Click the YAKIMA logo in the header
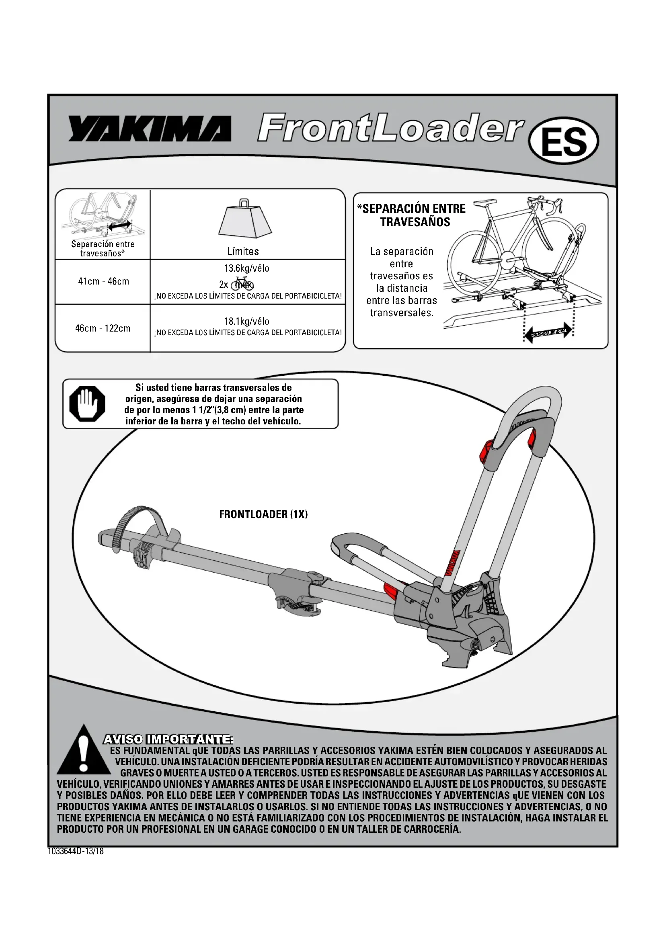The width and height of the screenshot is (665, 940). (150, 129)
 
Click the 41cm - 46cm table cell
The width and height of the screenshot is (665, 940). (104, 281)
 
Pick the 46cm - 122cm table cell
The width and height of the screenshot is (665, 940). (103, 328)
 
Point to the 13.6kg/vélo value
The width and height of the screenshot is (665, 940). (246, 268)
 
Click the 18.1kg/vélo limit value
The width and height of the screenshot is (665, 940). (246, 321)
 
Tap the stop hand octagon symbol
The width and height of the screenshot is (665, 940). (87, 403)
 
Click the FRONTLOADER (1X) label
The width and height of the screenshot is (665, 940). (263, 514)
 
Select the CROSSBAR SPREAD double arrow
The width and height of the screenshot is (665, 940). (548, 332)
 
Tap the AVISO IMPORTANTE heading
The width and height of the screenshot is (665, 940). (168, 739)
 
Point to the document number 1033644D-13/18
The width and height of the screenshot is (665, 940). (76, 851)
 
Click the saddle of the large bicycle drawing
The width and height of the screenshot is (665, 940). (485, 202)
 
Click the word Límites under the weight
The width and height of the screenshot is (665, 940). (243, 251)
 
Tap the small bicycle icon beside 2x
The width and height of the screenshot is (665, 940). (242, 284)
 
